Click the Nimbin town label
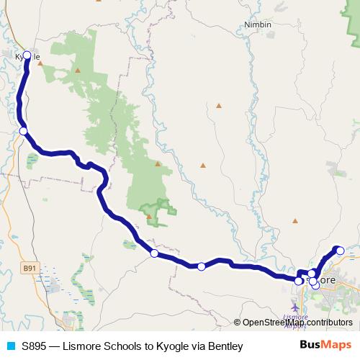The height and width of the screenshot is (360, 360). (x=258, y=24)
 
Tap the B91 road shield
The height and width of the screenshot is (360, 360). (x=29, y=269)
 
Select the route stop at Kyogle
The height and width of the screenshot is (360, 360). (x=27, y=55)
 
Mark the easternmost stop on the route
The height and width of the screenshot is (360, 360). (x=341, y=251)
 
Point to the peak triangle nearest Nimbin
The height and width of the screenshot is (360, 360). (x=219, y=105)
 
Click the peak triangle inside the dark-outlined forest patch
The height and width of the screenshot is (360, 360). (x=150, y=216)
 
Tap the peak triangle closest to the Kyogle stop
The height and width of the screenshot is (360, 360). (x=40, y=63)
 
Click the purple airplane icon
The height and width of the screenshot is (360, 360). (x=295, y=308)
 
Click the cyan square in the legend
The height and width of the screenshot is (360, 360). (x=10, y=346)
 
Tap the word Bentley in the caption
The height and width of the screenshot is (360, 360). (x=223, y=346)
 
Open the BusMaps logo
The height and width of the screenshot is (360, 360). (x=325, y=346)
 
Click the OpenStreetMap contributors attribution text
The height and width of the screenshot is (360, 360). (x=297, y=323)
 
